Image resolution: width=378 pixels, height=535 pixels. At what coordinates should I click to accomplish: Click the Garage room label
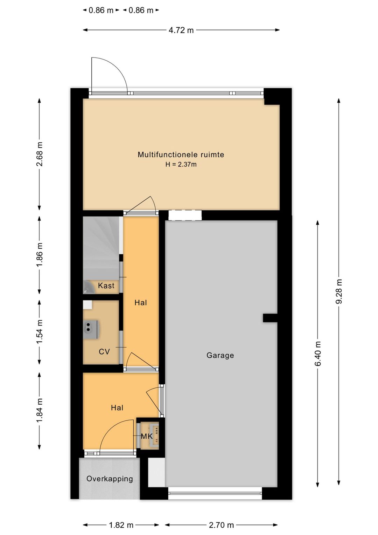(220, 356)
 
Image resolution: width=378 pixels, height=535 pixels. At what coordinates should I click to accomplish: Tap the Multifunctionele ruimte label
(181, 155)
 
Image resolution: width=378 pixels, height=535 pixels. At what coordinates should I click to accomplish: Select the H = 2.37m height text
(181, 164)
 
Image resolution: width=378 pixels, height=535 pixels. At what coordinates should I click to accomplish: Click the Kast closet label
(106, 286)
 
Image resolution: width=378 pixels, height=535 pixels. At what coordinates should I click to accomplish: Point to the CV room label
(104, 351)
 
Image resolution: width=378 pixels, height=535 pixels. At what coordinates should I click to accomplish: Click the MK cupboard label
(147, 436)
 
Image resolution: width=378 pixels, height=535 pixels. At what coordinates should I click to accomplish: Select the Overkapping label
(110, 479)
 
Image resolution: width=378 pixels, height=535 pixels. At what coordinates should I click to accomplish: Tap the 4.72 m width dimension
(181, 30)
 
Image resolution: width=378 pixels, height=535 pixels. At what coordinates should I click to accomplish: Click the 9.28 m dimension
(339, 291)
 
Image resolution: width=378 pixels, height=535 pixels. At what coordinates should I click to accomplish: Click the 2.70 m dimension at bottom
(221, 525)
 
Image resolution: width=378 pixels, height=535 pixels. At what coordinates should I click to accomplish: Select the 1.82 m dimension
(121, 525)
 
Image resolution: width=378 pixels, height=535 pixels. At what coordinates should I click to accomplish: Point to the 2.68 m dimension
(40, 154)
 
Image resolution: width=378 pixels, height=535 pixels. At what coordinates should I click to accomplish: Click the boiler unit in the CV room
(91, 329)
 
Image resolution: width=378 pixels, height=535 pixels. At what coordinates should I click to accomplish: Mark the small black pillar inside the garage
(270, 318)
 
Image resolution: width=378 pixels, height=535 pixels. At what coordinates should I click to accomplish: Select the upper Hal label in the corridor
(141, 303)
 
